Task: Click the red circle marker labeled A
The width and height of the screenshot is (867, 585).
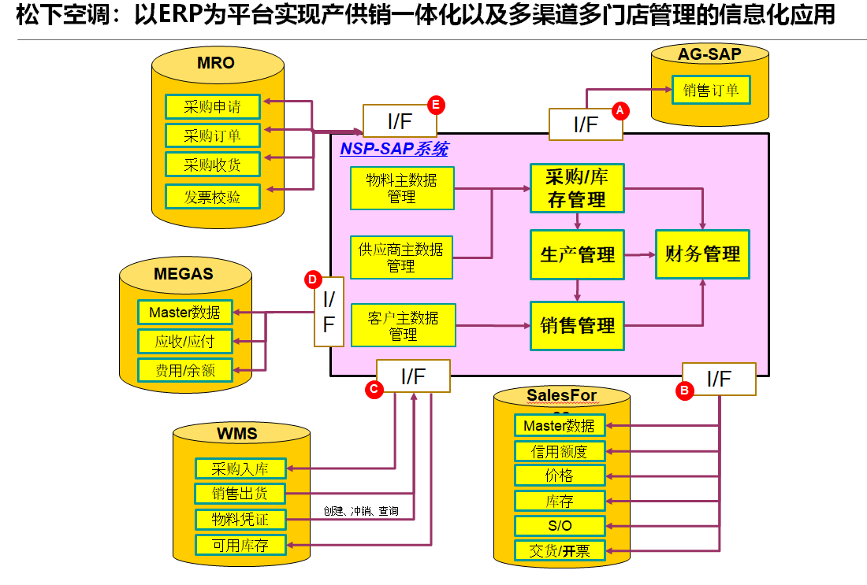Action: coord(620,110)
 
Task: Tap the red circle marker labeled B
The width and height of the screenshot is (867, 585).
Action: coord(685,389)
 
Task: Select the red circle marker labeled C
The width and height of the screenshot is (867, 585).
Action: coord(375,388)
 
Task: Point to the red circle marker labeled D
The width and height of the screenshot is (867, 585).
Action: coord(313,279)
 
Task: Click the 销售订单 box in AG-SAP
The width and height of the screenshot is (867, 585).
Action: coord(711,90)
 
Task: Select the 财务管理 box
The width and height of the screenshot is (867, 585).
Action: coord(702,254)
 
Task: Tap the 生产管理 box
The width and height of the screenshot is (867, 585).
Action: coord(577,254)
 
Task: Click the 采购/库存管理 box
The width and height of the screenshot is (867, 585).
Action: coord(577,188)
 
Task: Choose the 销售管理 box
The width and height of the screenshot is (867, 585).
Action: coord(577,325)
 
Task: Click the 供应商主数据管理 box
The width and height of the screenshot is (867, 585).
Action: coord(401,257)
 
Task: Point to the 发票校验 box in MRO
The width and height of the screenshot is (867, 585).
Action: coord(213,197)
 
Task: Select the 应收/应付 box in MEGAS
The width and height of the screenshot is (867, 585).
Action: coord(184,341)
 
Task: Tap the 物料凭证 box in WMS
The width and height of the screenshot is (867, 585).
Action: coord(240,520)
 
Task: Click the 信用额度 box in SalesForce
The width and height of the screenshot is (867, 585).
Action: coord(560,451)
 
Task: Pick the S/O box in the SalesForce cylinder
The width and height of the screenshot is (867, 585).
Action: coord(560,525)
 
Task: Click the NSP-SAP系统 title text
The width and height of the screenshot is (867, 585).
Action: coord(393,149)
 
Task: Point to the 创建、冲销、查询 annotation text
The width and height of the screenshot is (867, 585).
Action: coord(360,511)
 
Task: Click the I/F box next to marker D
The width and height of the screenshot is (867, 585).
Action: coord(329,312)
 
